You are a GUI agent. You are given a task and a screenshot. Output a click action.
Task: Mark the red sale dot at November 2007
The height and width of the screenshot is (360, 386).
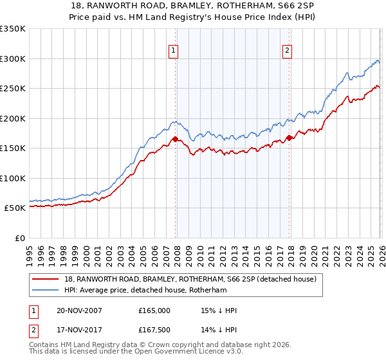[x=175, y=139]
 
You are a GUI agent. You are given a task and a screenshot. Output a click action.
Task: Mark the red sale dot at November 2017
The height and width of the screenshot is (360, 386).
[x=289, y=138]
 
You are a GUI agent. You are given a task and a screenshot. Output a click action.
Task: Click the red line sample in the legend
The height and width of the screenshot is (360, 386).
[x=47, y=280]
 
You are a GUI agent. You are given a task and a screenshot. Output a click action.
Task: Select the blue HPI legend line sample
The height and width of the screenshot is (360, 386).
[x=47, y=291]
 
